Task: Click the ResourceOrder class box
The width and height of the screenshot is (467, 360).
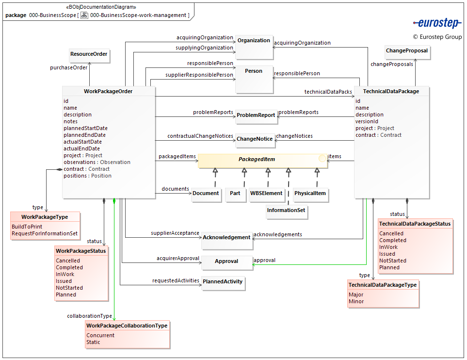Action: point(89,55)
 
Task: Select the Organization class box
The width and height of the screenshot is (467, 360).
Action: point(254,44)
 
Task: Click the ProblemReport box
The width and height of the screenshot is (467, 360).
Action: point(256,115)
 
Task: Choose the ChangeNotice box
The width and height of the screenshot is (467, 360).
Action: point(255,139)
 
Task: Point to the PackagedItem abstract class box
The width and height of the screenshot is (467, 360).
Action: point(263,161)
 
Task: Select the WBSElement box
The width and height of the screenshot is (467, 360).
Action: point(266,194)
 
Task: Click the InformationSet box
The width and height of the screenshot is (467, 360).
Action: point(288,211)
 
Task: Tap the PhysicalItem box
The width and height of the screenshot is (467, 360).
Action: point(310,194)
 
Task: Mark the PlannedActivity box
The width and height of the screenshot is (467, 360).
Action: point(223,282)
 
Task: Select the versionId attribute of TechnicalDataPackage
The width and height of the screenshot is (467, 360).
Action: point(367,122)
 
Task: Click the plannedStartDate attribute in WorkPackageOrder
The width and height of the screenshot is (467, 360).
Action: point(85,129)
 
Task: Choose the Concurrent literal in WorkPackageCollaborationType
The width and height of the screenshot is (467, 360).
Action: point(100,336)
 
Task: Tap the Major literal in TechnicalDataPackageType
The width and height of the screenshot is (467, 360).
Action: point(356,295)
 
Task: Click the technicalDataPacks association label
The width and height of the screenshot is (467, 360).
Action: point(328,92)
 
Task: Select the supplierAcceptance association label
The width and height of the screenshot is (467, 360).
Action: point(175,233)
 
